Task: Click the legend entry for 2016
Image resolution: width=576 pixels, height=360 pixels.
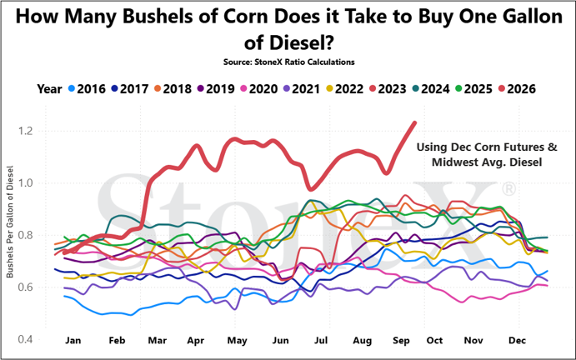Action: pos(87,89)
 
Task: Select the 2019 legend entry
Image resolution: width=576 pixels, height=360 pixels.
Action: pos(217,89)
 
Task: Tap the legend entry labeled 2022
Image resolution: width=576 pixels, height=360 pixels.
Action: pos(345,89)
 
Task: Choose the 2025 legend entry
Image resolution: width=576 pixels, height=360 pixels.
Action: pos(473,89)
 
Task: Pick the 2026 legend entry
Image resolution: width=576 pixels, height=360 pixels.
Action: pos(517,89)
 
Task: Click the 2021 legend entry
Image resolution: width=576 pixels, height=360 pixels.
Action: pos(302,89)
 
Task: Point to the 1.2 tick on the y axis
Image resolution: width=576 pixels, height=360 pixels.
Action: pos(26,131)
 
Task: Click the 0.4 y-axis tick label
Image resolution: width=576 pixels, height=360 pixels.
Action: pos(26,339)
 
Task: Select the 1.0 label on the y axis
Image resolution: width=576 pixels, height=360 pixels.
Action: pos(26,183)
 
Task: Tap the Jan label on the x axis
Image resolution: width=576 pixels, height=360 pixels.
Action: pos(73,341)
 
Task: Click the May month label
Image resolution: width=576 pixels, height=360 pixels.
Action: pos(237,341)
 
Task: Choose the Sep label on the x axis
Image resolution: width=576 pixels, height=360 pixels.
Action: pos(401,341)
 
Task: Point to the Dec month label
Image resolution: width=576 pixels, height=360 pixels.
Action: pos(517,341)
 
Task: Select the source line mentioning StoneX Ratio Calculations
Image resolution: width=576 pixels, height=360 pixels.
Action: pos(288,62)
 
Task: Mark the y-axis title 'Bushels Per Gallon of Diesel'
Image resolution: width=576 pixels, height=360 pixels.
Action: pos(10,222)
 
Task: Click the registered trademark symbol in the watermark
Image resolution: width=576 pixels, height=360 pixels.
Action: pos(508,189)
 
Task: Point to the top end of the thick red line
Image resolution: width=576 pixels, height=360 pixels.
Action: pos(415,122)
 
